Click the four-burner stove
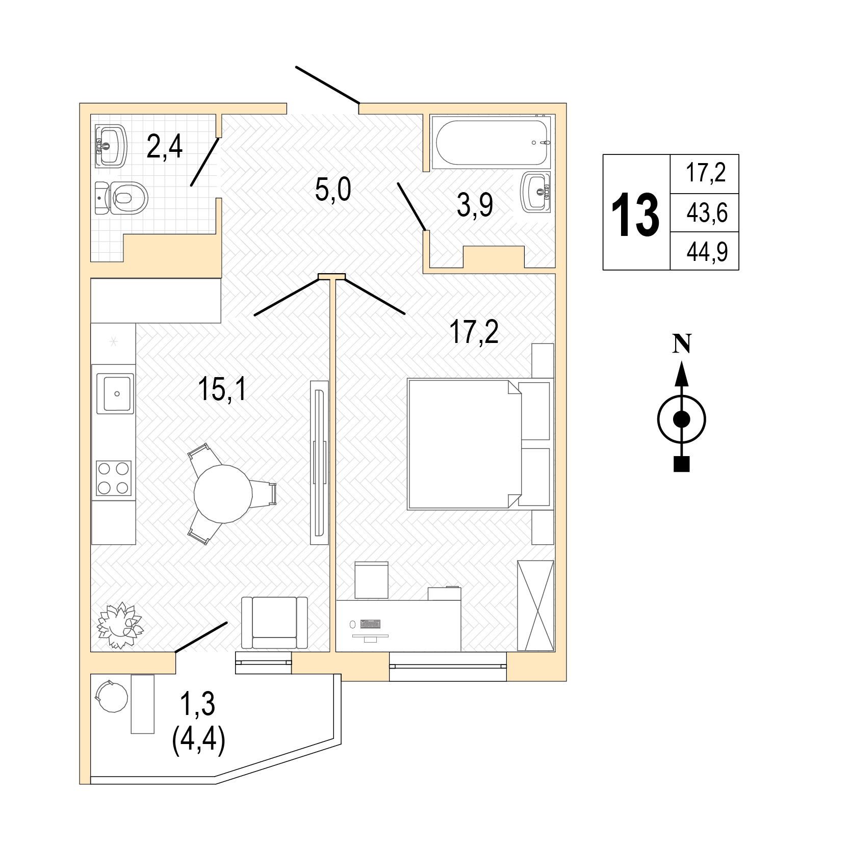[114, 478]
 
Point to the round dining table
[223, 493]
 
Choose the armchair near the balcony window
[274, 623]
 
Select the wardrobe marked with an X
[535, 605]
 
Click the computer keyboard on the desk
[370, 624]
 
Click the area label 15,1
[222, 391]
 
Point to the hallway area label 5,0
[333, 191]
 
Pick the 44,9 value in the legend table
[707, 251]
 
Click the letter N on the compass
[682, 344]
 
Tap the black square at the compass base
[682, 464]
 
